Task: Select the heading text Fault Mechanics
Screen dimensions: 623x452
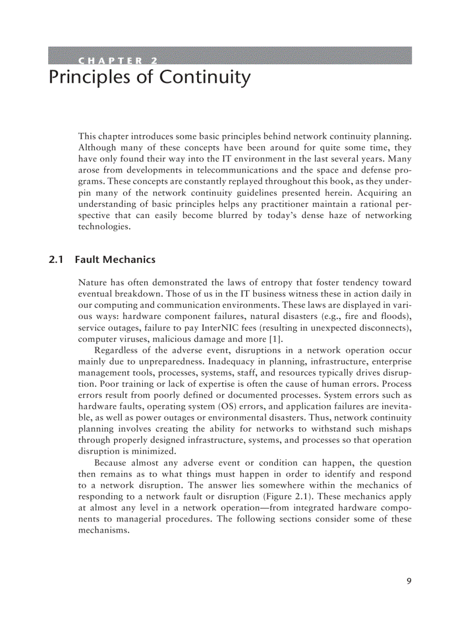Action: (115, 260)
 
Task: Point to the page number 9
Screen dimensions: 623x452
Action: (409, 581)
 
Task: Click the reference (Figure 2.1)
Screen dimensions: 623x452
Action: (284, 497)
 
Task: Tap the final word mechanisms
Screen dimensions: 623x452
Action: (104, 530)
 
